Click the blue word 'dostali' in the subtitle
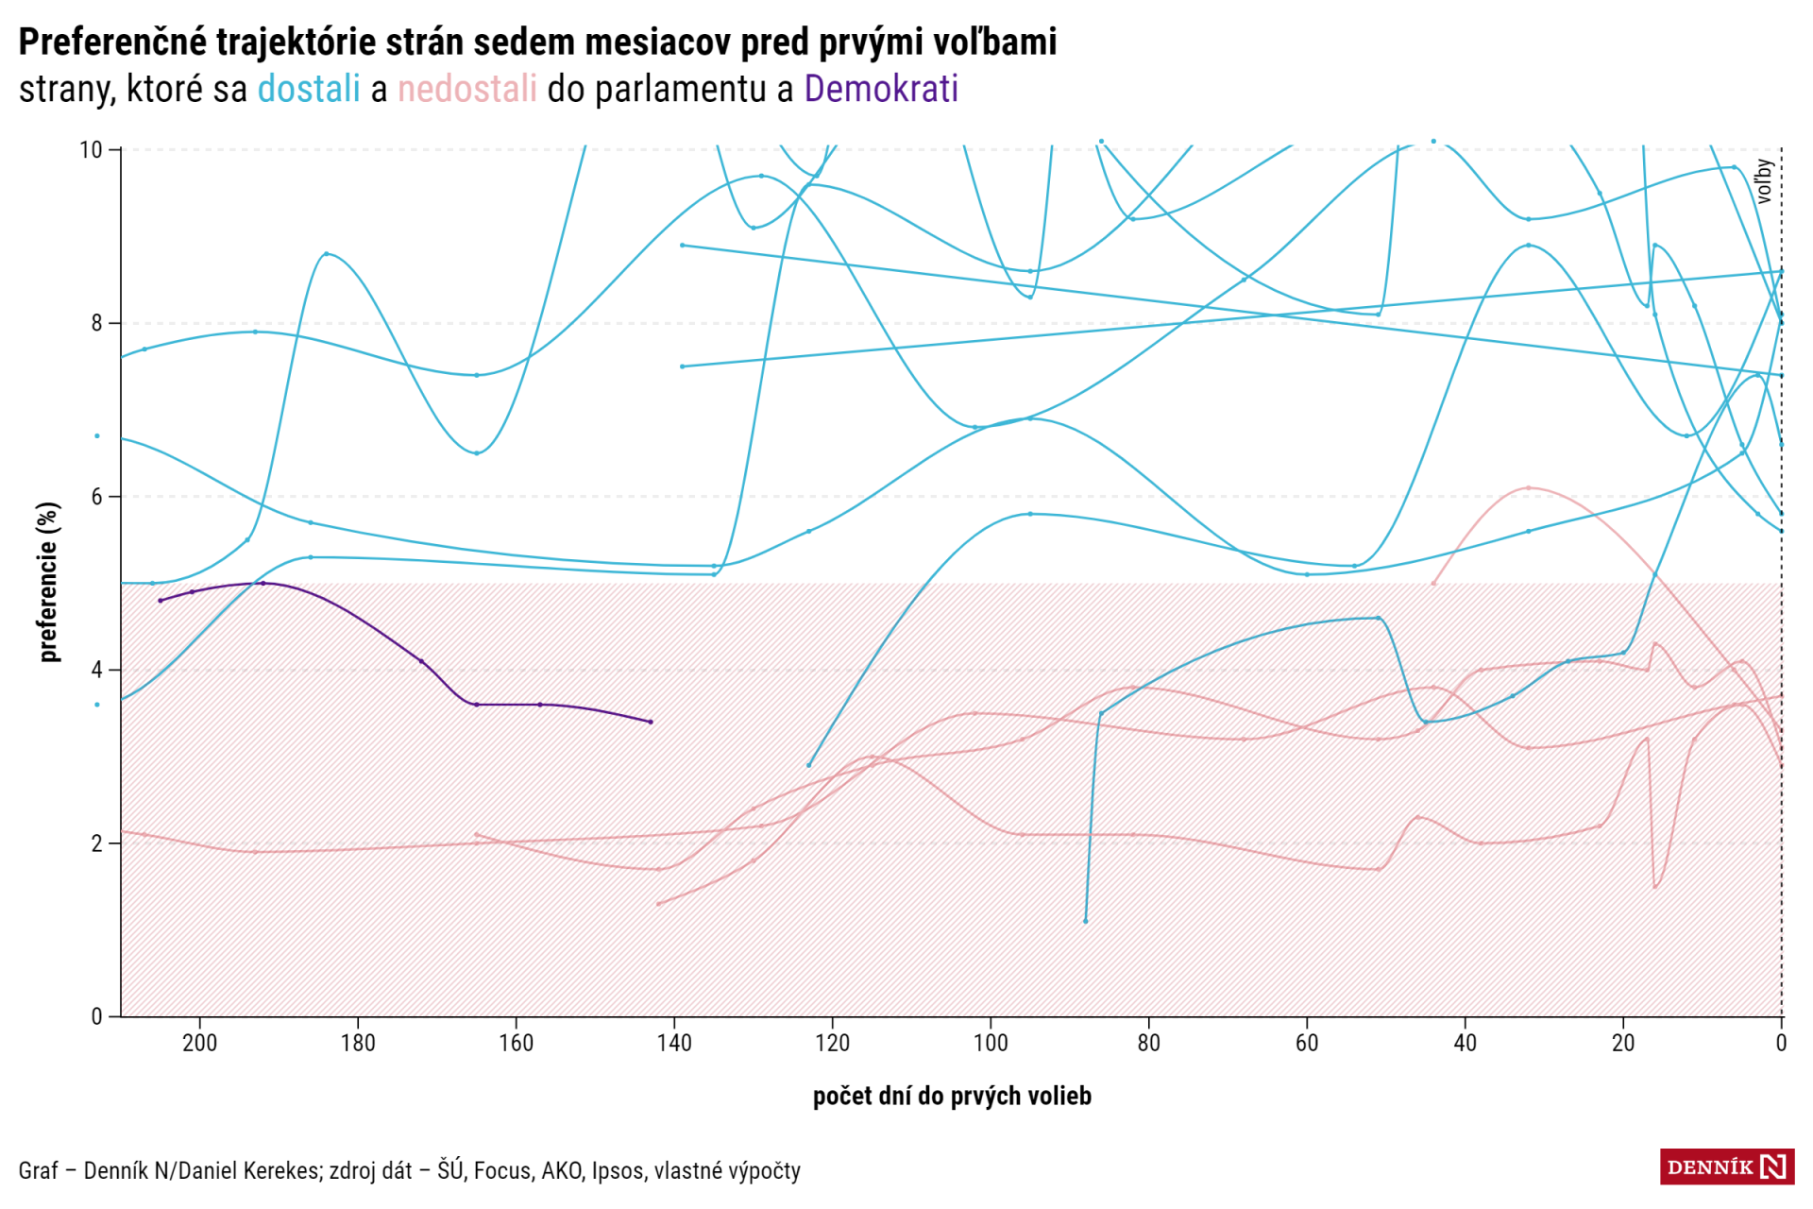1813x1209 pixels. (x=309, y=89)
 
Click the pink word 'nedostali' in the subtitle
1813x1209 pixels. (x=466, y=89)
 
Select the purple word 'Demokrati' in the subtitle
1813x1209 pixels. (x=881, y=89)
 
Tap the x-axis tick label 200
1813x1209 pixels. (x=199, y=1043)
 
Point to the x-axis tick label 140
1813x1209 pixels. (x=674, y=1043)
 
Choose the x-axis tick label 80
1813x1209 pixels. (x=1148, y=1043)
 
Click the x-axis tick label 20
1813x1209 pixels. (x=1623, y=1043)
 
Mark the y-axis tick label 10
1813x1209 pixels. (x=91, y=150)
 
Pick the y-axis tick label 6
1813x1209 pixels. (x=96, y=497)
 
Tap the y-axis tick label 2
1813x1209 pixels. (x=96, y=843)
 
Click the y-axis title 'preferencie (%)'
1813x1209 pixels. (x=49, y=582)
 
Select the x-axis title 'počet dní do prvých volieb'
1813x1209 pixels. (x=952, y=1096)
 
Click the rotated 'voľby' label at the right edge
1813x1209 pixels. (x=1763, y=180)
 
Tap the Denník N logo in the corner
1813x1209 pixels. (x=1727, y=1167)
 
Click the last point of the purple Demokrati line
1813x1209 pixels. (x=651, y=722)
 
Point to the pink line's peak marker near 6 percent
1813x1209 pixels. (x=1529, y=488)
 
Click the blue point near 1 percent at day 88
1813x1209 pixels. (x=1086, y=921)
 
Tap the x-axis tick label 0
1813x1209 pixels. (x=1781, y=1043)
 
